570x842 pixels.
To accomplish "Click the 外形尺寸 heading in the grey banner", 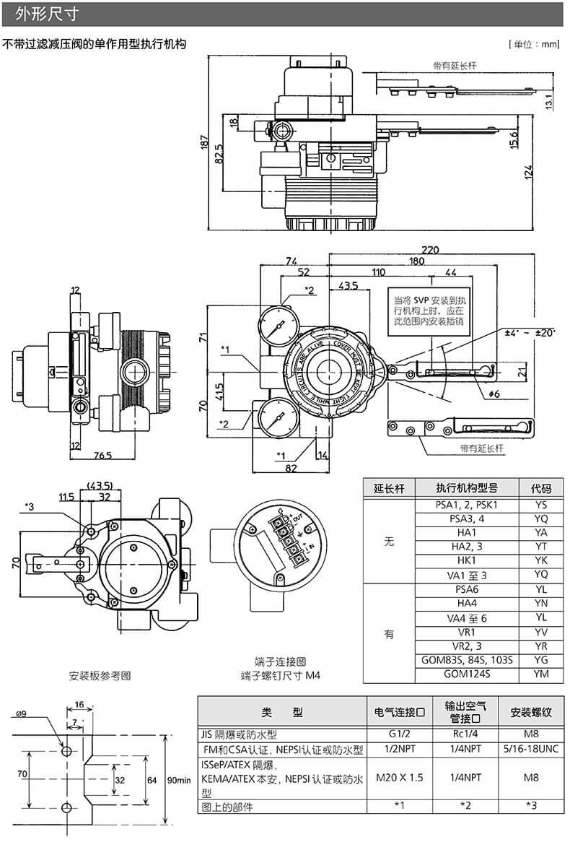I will click(x=46, y=14).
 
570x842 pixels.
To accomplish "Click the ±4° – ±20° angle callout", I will click(x=530, y=332).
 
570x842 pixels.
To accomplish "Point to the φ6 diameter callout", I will click(x=494, y=393).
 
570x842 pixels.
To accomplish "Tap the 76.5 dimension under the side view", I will click(x=102, y=456).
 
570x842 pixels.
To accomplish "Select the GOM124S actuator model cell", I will click(x=467, y=674).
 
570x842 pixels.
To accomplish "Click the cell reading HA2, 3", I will click(x=467, y=547).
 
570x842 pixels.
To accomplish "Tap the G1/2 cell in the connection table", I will click(x=399, y=734).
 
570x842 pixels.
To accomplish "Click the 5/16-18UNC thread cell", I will click(x=532, y=749).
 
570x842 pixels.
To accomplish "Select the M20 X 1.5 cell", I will click(x=399, y=777).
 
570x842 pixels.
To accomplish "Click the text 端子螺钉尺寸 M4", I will click(x=281, y=675).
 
